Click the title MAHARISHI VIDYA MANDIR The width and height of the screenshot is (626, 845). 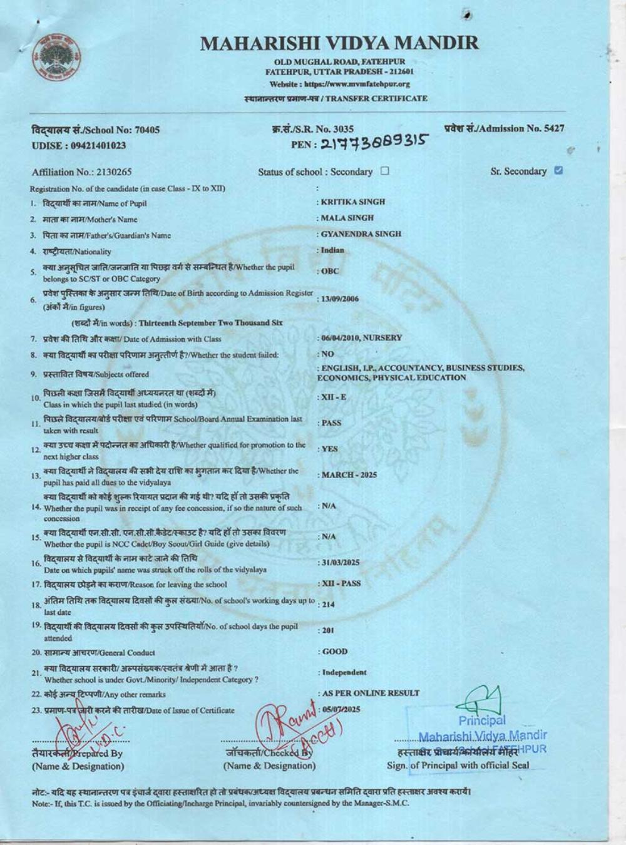tap(339, 43)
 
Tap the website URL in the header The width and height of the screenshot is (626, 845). tap(339, 84)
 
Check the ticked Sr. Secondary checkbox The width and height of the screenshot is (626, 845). tap(558, 170)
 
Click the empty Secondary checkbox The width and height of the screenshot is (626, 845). tap(384, 171)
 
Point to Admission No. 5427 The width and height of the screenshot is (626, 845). tap(504, 129)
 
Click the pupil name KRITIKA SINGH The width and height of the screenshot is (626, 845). tap(353, 202)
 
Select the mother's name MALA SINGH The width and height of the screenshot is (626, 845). tap(347, 218)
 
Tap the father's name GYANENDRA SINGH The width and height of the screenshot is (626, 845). tap(361, 234)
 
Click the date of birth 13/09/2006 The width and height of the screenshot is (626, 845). tap(340, 299)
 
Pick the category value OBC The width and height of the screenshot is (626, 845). tap(330, 272)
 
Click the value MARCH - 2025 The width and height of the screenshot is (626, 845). tap(349, 475)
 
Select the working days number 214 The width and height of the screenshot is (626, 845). tap(328, 605)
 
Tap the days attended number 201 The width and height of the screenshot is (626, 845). tap(328, 630)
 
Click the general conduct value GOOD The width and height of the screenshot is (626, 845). tap(335, 652)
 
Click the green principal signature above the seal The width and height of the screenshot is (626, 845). tap(482, 699)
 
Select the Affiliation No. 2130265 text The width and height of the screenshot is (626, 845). tap(82, 172)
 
